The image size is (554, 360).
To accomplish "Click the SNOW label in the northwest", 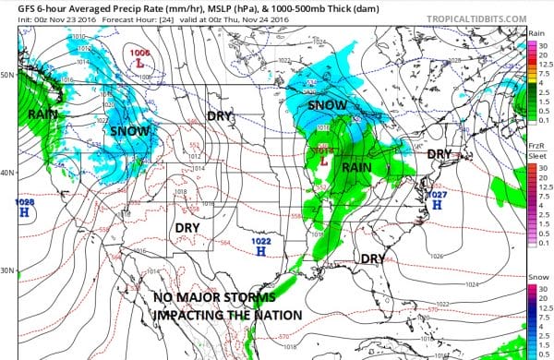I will click(x=130, y=131).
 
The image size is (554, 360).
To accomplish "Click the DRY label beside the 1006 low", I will click(x=220, y=117).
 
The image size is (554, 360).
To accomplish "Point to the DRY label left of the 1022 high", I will click(x=193, y=227).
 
